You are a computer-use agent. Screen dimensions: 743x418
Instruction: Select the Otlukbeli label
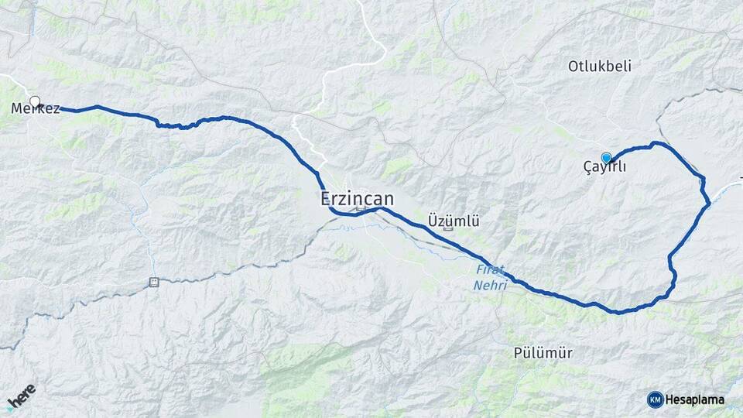coord(599,67)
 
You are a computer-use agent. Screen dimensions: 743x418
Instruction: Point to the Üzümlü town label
coord(454,221)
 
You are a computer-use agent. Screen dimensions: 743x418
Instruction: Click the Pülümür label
coord(543,353)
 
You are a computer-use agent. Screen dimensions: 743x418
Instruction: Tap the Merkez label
coord(36,109)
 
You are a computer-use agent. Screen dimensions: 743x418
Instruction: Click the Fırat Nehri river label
coord(490,278)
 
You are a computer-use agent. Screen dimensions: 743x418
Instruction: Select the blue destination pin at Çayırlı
coord(606,156)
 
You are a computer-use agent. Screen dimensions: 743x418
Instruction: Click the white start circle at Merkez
coord(35,101)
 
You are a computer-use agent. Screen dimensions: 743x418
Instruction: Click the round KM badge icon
coord(655,399)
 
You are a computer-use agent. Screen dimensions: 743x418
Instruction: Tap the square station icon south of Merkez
coord(153,282)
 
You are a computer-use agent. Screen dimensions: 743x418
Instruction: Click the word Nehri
coord(490,286)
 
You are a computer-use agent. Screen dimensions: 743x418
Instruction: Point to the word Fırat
coord(490,270)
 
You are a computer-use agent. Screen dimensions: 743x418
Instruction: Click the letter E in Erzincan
coord(326,199)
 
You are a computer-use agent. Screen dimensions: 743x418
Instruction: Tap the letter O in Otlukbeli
coord(574,67)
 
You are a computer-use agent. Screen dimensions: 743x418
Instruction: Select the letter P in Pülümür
coord(518,353)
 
